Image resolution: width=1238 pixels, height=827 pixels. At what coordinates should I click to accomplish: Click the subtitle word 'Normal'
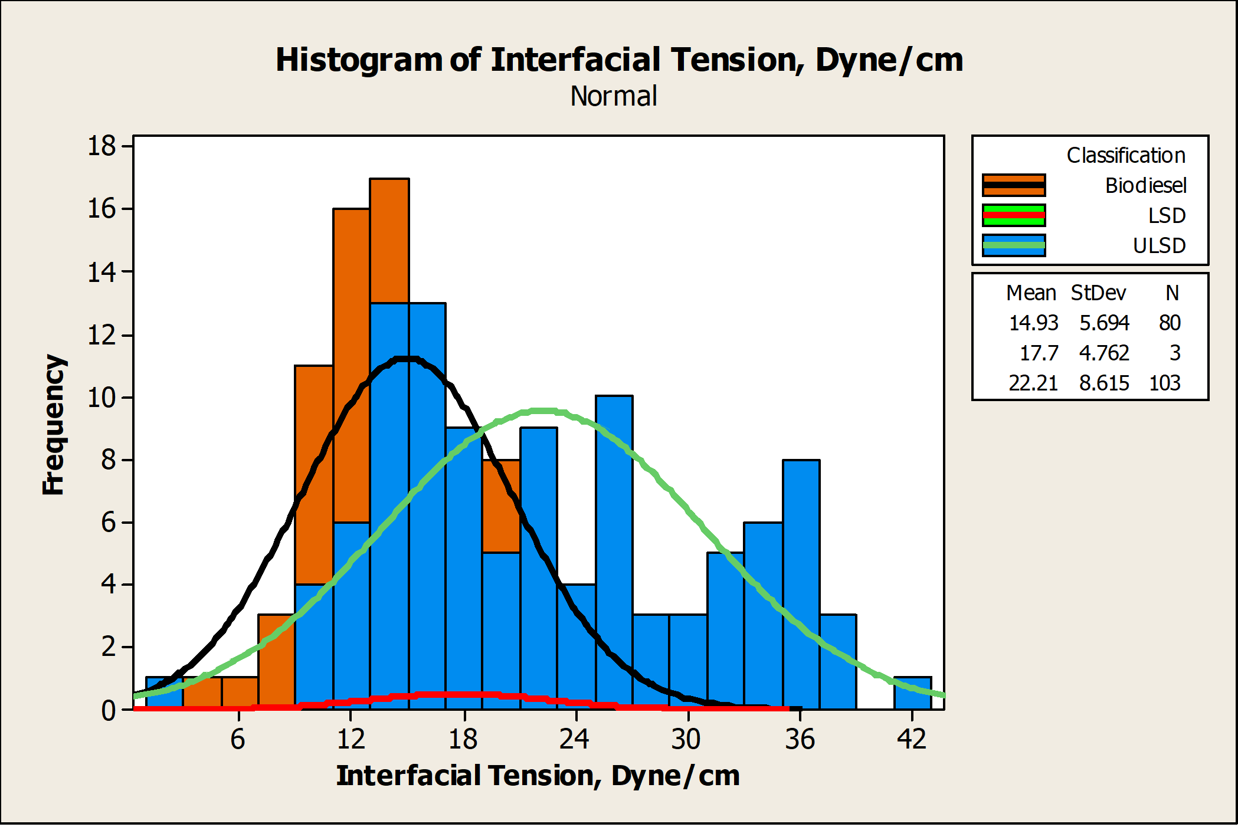(x=614, y=96)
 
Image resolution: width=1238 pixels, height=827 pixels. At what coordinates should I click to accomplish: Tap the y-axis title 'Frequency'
(x=54, y=425)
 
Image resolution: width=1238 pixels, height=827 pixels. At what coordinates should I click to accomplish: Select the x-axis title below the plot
(x=538, y=776)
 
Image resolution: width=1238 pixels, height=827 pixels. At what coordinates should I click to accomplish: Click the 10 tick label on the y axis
(x=101, y=398)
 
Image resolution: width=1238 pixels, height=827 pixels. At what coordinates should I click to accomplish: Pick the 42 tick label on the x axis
(x=912, y=739)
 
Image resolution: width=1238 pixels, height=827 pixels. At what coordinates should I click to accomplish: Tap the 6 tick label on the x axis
(x=238, y=739)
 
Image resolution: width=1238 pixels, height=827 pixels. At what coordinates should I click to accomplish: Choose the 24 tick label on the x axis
(x=575, y=739)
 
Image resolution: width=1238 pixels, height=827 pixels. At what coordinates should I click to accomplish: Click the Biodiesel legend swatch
(x=1014, y=185)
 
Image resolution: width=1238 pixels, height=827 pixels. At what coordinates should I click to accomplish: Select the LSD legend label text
(x=1167, y=215)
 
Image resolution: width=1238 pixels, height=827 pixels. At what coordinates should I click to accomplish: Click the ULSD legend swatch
(x=1014, y=245)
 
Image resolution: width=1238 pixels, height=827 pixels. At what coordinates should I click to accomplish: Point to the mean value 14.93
(x=1033, y=323)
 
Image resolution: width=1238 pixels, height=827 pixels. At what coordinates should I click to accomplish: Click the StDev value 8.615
(x=1104, y=383)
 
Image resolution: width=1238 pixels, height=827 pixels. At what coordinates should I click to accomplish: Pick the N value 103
(x=1165, y=383)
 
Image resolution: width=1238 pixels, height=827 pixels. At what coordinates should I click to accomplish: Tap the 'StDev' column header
(x=1098, y=293)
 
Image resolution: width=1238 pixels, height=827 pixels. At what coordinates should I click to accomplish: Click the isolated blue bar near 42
(x=913, y=693)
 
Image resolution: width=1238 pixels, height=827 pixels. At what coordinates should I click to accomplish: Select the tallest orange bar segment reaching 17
(x=389, y=241)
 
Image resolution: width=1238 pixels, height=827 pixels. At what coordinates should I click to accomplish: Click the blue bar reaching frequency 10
(x=614, y=552)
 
